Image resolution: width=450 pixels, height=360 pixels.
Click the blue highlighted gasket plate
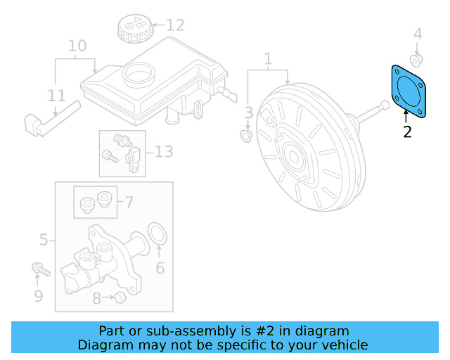point(409,90)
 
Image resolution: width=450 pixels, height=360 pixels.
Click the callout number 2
point(408,131)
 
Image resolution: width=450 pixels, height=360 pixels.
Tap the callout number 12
point(175,26)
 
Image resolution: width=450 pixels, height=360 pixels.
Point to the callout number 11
point(56,95)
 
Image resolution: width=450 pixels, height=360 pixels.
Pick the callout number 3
point(249,112)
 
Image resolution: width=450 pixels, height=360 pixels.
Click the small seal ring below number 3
point(247,134)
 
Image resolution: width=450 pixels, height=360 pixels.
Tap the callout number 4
point(418,33)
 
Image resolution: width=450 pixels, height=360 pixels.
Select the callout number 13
point(163,151)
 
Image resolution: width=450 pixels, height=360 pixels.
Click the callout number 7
point(129,202)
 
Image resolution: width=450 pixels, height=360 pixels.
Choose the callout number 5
point(44,240)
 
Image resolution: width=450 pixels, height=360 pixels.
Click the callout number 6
point(160,268)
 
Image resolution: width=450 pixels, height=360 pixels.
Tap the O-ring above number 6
point(158,235)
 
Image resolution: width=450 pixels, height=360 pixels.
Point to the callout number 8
point(97,299)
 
